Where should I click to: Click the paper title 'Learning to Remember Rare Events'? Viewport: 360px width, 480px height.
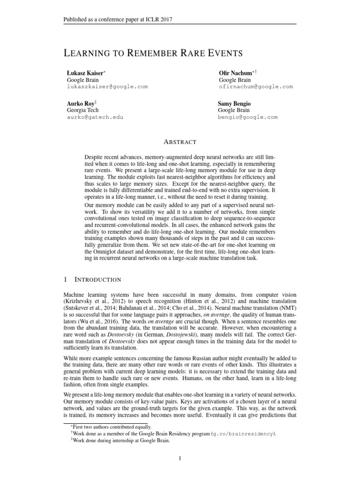point(153,52)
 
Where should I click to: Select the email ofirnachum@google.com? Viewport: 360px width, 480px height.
point(255,87)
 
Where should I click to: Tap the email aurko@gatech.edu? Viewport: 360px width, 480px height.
point(95,117)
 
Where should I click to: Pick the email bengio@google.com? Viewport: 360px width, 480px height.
point(247,117)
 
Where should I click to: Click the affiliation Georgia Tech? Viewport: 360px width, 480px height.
point(83,110)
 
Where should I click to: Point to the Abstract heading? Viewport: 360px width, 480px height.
point(180,142)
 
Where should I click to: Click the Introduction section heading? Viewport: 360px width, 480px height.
point(98,279)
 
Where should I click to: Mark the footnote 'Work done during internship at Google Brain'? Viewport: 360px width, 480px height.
point(122,441)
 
